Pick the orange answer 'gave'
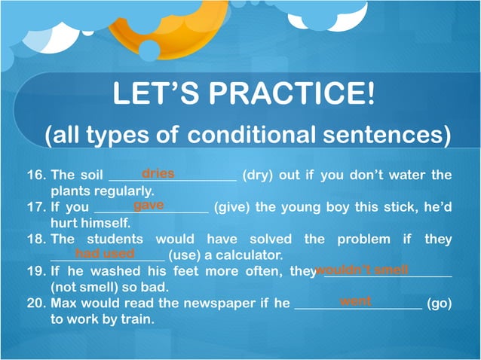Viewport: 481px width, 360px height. pos(149,205)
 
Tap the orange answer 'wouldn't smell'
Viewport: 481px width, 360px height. pos(362,269)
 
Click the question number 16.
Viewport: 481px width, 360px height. pos(36,175)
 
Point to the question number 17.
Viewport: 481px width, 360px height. pos(36,207)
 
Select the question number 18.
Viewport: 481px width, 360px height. pos(36,239)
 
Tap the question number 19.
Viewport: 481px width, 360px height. pos(36,271)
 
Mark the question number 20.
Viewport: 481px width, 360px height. pos(37,304)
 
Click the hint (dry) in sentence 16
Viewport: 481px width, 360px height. pos(258,175)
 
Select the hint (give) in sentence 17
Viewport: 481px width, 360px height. pos(232,207)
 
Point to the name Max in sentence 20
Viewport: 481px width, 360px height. pos(63,304)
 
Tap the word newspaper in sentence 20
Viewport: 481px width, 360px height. pos(204,304)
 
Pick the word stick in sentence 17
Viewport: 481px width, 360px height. pos(389,207)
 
